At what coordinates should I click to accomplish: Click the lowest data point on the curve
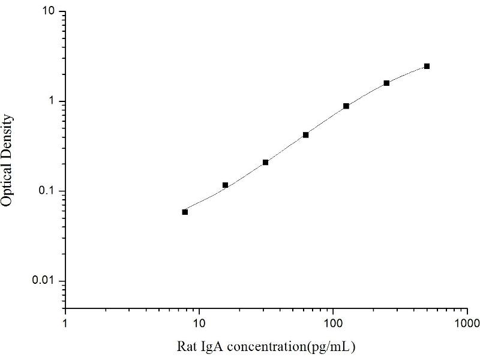tap(185, 212)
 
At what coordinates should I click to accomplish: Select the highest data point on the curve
tap(427, 66)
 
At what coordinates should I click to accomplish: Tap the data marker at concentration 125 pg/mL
tap(346, 106)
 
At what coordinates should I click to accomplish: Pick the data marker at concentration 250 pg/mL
tap(386, 83)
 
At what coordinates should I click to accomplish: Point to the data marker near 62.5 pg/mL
tap(305, 135)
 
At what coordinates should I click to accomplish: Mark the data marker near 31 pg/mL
tap(265, 162)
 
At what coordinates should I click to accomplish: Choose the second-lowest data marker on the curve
tap(225, 185)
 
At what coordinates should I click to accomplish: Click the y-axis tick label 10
tap(50, 12)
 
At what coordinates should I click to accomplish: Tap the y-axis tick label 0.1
tap(48, 191)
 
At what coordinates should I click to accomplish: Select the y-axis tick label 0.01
tap(46, 281)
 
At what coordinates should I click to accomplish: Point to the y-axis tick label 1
tap(53, 101)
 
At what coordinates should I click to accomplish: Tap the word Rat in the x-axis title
tap(186, 347)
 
